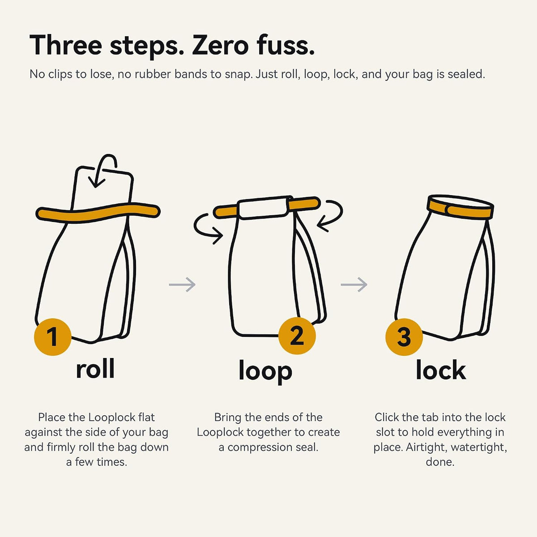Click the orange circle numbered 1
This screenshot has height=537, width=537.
52,337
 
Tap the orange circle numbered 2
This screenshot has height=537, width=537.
297,336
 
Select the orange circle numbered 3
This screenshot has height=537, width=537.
404,337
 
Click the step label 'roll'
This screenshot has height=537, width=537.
95,369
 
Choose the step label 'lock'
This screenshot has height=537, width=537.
441,370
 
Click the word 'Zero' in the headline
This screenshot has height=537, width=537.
220,45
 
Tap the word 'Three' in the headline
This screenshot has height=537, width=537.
66,45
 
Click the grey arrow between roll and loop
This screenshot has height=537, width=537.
182,285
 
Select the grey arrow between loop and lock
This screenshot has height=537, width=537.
354,285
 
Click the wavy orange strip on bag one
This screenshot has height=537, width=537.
98,213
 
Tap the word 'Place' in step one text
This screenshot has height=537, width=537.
51,417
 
